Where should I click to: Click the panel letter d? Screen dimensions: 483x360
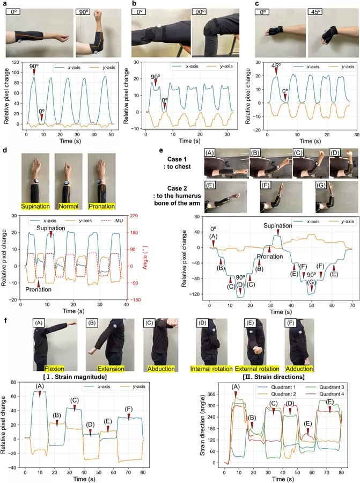click(x=5, y=148)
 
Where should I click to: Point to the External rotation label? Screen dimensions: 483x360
click(x=258, y=369)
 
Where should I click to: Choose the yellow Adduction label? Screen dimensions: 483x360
click(x=299, y=369)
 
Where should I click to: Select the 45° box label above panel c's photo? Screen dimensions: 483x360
click(x=317, y=11)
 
